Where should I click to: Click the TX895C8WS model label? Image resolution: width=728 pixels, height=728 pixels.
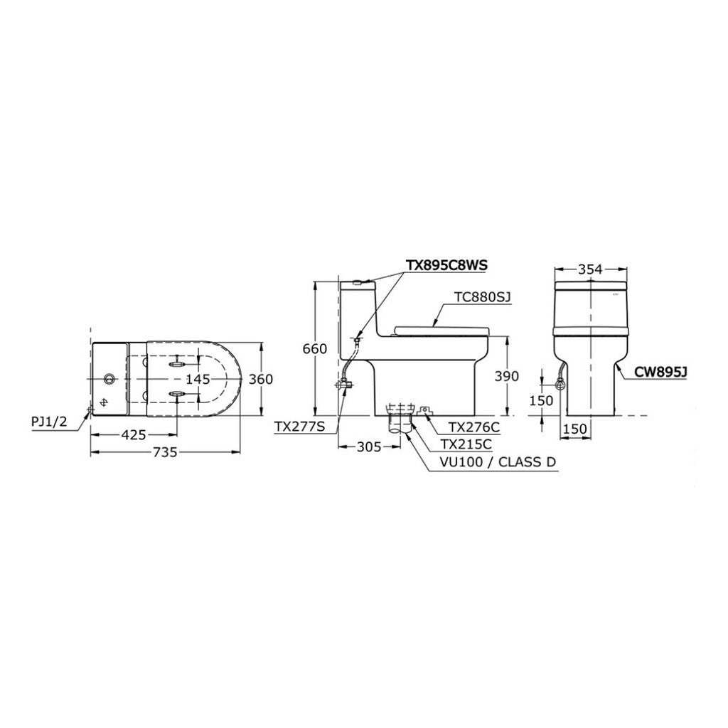tap(446, 265)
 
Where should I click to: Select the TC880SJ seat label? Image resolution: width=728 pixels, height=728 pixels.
tap(483, 296)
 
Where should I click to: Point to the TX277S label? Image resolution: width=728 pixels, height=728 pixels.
tap(300, 427)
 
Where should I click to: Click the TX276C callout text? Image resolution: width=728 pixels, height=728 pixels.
tap(473, 427)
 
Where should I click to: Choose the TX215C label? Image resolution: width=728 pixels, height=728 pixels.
tap(466, 444)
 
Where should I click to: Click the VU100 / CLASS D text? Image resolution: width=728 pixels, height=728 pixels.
tap(498, 462)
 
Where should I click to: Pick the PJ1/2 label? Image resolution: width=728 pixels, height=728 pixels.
tap(49, 422)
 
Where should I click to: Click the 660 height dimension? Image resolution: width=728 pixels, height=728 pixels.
tap(315, 348)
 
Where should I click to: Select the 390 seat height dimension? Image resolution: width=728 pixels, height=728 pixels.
tap(506, 375)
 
